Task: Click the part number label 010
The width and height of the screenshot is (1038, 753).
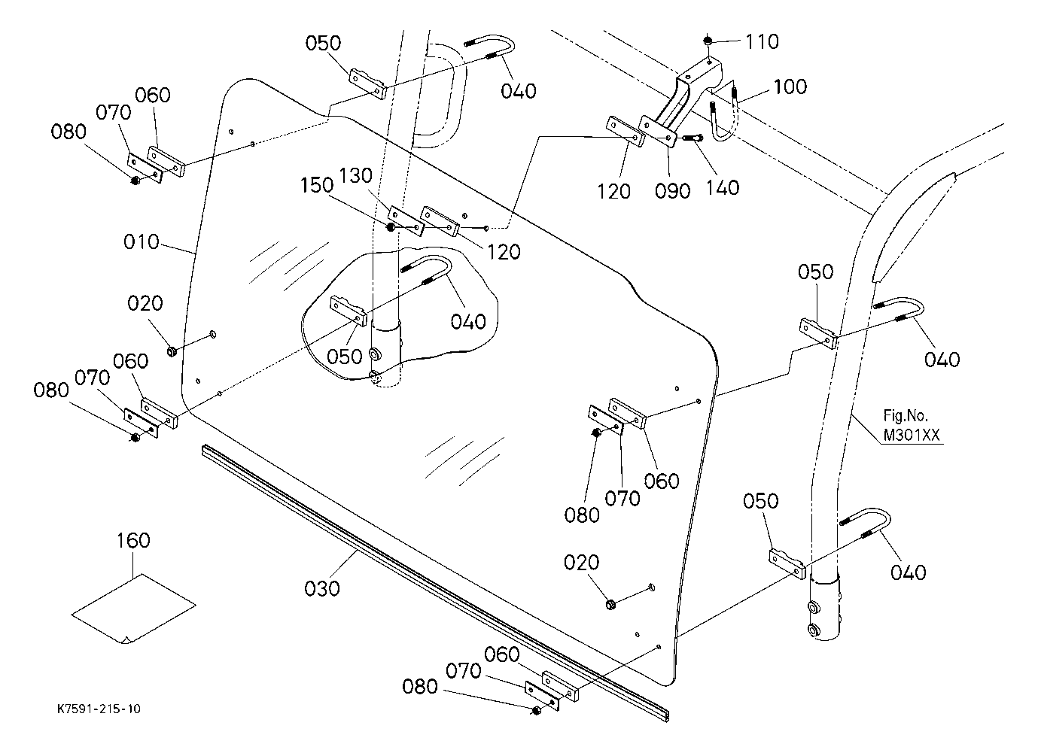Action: [142, 242]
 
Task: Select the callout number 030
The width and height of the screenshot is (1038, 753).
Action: [323, 587]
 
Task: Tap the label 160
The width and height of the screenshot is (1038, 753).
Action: [133, 540]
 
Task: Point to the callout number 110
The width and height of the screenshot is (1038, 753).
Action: [762, 41]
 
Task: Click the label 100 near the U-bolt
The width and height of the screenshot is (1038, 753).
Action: [790, 87]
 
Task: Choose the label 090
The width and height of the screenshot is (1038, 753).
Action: [673, 191]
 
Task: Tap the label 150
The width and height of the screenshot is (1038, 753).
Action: [318, 185]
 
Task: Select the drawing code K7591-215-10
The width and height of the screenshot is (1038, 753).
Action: [99, 709]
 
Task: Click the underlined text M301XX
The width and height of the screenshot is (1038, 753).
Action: [912, 436]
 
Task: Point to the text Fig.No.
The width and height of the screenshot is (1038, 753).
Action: [906, 415]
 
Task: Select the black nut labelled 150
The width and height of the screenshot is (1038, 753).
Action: [391, 226]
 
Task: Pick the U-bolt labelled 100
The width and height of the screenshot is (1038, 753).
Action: [723, 124]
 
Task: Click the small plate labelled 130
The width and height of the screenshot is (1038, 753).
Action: [403, 220]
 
